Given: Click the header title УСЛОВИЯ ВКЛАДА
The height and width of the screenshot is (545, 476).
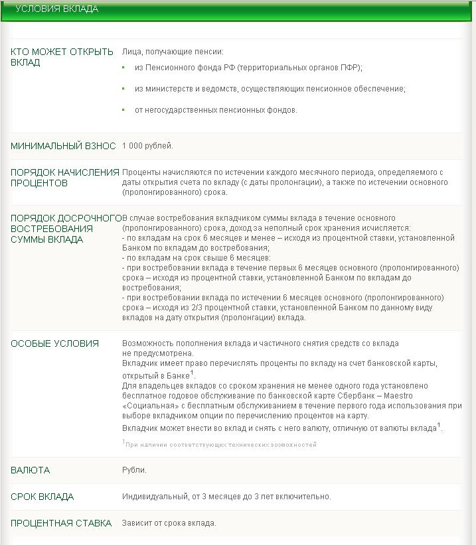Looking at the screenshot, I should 56,9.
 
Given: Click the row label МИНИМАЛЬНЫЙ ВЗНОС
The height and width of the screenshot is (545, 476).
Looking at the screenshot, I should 63,146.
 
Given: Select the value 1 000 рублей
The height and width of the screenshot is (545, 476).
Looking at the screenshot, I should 147,146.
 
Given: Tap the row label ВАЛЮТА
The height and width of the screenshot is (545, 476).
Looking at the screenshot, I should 30,470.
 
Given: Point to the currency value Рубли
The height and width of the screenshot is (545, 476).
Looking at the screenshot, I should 134,470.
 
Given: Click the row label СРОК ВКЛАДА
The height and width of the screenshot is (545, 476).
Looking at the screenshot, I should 42,497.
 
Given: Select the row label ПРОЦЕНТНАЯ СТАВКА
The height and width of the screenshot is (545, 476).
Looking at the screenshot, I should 61,523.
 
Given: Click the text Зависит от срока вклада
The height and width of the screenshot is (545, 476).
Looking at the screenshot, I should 169,523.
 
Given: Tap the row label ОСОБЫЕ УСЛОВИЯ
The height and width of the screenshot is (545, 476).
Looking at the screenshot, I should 54,343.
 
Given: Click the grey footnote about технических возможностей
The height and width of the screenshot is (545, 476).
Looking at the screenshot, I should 220,444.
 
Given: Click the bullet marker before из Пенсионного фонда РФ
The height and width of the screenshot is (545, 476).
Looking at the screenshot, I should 123,68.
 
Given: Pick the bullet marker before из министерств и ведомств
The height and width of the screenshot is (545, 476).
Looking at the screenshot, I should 123,89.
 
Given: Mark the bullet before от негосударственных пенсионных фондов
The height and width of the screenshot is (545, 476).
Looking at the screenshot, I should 123,110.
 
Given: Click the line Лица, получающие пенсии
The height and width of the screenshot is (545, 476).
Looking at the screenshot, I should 173,52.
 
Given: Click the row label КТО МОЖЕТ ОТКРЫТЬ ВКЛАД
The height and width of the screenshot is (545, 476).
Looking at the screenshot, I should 62,57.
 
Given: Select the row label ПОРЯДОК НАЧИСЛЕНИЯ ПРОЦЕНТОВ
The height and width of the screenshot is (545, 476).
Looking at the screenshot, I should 64,178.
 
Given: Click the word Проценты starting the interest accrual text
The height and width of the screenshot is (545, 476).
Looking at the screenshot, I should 140,172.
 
